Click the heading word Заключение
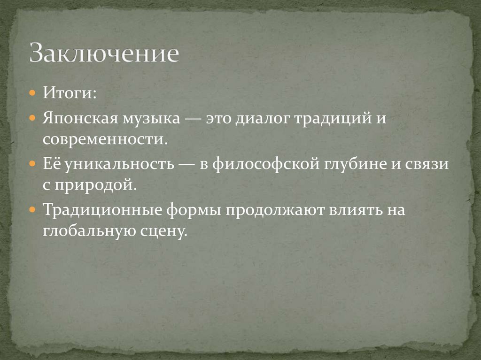104,54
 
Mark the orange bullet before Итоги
32,93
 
